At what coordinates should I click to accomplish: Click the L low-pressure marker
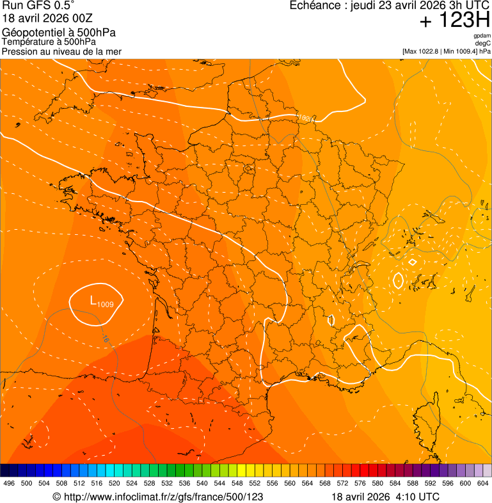click(93, 300)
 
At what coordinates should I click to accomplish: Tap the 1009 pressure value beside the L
click(106, 304)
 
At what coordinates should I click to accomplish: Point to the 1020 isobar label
click(306, 118)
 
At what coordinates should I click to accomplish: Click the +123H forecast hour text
click(454, 20)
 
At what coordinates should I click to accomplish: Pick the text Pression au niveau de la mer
click(61, 51)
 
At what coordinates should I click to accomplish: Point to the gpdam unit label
click(482, 36)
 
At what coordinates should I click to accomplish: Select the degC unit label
click(483, 43)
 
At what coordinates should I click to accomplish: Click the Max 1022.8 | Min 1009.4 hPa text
click(446, 51)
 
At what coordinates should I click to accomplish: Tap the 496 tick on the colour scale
click(9, 483)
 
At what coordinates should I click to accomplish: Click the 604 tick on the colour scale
click(483, 483)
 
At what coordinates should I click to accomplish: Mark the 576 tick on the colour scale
click(360, 483)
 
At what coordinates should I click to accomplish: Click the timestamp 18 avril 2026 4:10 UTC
click(385, 497)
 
